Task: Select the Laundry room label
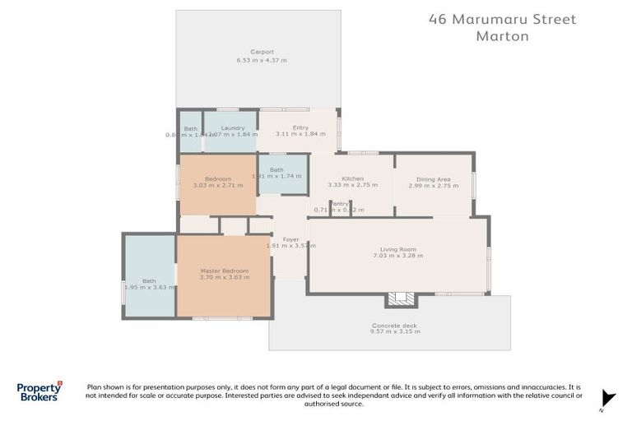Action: click(233, 127)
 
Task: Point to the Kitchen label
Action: click(352, 178)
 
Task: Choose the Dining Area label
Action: click(433, 178)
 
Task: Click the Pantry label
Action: click(339, 203)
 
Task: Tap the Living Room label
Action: click(398, 249)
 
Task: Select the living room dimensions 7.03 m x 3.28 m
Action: click(398, 257)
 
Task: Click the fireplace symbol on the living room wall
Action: click(402, 298)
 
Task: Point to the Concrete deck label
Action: click(394, 326)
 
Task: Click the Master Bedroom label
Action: click(224, 271)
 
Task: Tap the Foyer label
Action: click(291, 239)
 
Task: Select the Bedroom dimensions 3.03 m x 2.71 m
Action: click(217, 186)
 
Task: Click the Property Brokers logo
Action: click(39, 391)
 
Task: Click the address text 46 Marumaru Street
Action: click(503, 19)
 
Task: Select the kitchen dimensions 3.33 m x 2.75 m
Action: click(352, 186)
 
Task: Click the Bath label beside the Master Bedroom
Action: click(148, 280)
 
